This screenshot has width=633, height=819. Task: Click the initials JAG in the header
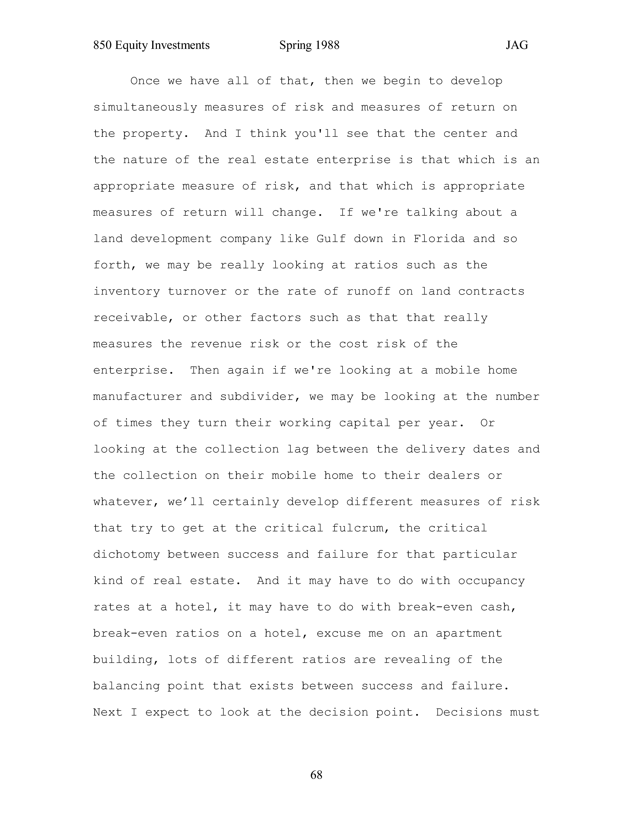[517, 45]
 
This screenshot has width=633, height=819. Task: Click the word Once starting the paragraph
[145, 81]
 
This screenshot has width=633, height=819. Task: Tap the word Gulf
[331, 239]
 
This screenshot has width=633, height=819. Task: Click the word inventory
[126, 291]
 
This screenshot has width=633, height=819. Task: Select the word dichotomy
[126, 555]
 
